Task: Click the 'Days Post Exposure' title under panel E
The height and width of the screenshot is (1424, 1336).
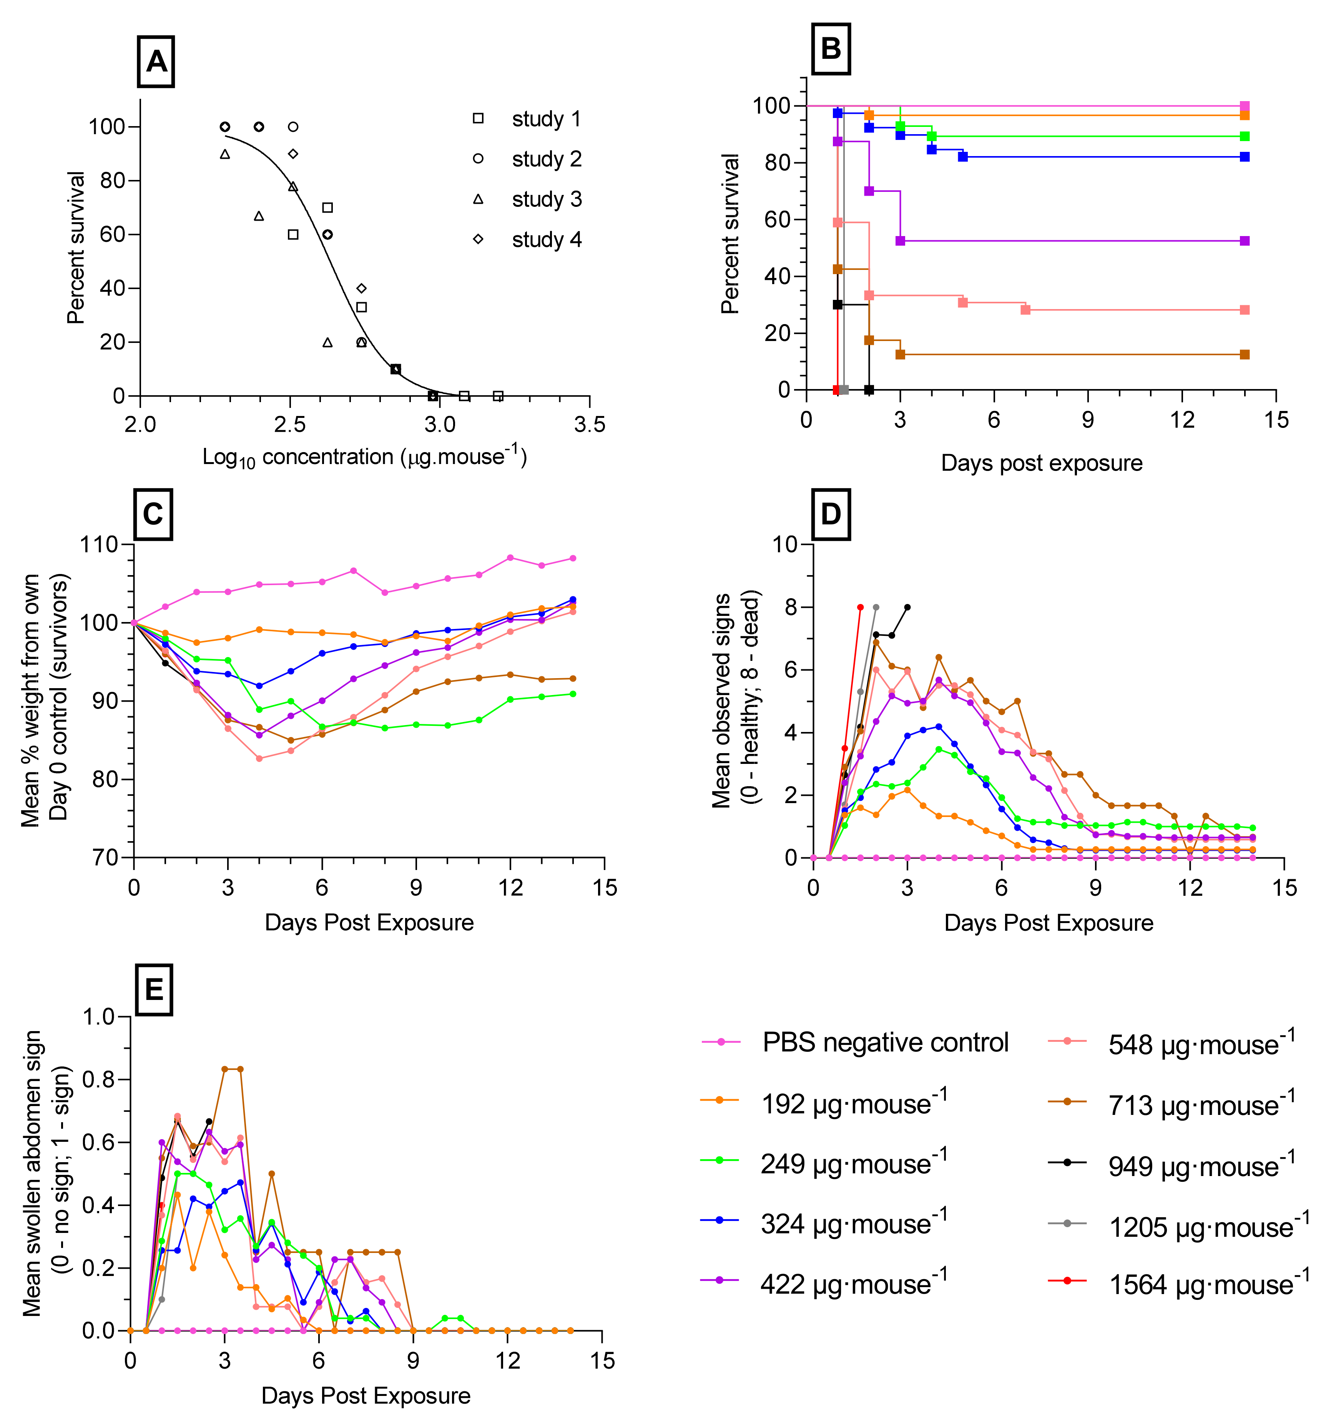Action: tap(366, 1395)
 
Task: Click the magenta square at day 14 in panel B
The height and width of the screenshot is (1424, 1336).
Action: tap(1245, 106)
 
